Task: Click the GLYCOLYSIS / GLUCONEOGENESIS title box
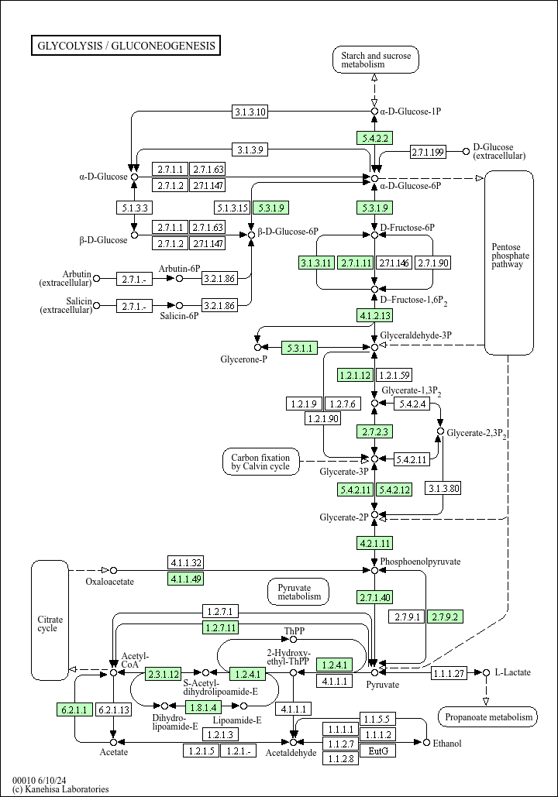pos(126,45)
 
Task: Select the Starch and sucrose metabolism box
pos(376,60)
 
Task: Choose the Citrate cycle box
pos(50,620)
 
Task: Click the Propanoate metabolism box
pos(488,716)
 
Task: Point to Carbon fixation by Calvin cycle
pos(260,462)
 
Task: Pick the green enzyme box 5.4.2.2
pos(375,138)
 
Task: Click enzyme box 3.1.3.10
pos(250,112)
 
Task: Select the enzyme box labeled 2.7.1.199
pos(428,152)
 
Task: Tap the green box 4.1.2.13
pos(375,316)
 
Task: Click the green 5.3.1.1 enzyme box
pos(300,348)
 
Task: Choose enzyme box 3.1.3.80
pos(444,489)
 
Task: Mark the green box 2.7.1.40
pos(375,597)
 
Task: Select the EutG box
pos(378,751)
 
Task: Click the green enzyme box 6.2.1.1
pos(74,709)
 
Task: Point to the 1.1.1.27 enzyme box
pos(449,673)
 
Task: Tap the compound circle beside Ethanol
pos(426,743)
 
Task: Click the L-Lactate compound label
pos(513,672)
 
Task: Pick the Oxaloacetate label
pos(109,582)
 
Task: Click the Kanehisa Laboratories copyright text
pos(60,788)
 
